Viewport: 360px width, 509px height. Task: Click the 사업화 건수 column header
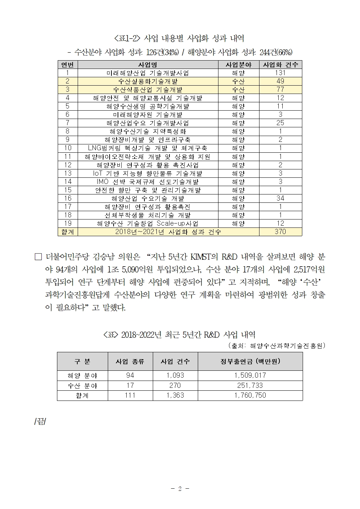280,65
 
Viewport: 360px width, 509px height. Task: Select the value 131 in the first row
280,73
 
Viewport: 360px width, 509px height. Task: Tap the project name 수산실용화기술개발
148,81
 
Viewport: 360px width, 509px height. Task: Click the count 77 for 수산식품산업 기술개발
280,90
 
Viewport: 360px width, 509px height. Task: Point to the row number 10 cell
67,148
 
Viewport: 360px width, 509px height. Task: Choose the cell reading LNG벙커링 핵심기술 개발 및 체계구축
148,148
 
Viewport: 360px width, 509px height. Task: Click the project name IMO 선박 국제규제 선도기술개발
148,182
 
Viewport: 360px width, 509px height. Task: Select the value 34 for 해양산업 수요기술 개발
280,198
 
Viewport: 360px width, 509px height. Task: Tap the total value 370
280,232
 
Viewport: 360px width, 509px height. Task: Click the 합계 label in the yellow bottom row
67,232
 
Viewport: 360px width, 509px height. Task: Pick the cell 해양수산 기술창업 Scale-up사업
148,223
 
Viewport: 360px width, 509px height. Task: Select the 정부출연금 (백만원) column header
250,361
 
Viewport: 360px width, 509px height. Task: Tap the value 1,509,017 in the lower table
250,375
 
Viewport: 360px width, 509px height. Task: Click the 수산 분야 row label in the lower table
82,386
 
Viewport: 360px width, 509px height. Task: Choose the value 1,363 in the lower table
175,395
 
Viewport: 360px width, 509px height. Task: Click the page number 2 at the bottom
180,489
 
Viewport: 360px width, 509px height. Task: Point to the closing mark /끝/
40,423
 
